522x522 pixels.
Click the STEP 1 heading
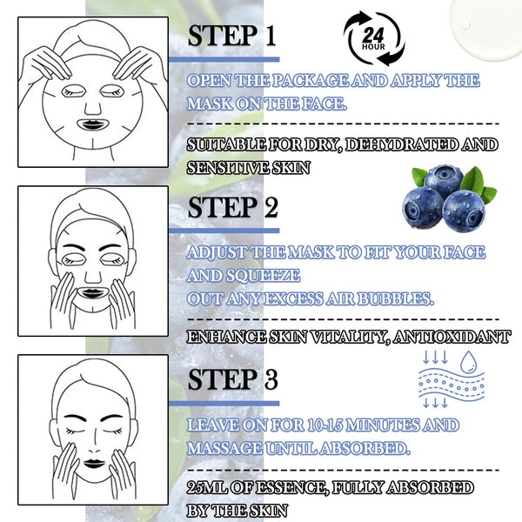point(232,36)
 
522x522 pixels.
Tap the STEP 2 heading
point(232,207)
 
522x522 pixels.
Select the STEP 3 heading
point(232,378)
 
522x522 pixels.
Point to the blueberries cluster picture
point(449,198)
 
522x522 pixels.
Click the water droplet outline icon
point(468,362)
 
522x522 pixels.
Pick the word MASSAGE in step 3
point(224,448)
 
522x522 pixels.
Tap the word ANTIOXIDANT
point(452,337)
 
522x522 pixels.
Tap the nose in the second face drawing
point(93,277)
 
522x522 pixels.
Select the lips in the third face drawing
point(94,464)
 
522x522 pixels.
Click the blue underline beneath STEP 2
point(224,231)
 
